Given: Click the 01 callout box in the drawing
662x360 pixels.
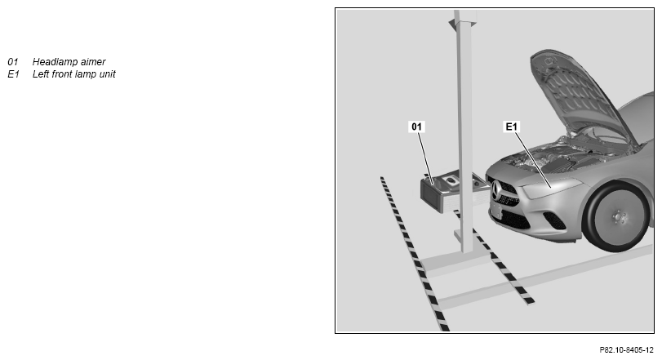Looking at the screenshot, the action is [416, 127].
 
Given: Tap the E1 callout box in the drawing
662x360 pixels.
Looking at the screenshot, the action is [511, 127].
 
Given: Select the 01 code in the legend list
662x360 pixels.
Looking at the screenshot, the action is [13, 61].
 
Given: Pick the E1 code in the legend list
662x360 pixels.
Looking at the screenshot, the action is [14, 73].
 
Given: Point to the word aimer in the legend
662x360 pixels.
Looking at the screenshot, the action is [93, 61].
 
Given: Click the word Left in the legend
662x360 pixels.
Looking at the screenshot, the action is [41, 73].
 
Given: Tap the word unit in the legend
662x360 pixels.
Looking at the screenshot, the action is [108, 73].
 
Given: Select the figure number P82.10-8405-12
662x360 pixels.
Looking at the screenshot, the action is [627, 350].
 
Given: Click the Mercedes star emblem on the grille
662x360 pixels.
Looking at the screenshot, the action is [496, 191].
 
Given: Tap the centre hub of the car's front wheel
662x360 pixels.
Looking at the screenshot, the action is [619, 218].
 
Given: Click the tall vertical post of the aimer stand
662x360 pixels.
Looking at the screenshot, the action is [464, 131].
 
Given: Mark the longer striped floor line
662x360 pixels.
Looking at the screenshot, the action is [414, 253].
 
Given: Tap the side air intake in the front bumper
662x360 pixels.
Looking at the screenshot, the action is [554, 220].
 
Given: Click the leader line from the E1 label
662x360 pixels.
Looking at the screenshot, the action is [532, 159].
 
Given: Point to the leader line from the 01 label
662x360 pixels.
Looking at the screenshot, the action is [426, 158].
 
